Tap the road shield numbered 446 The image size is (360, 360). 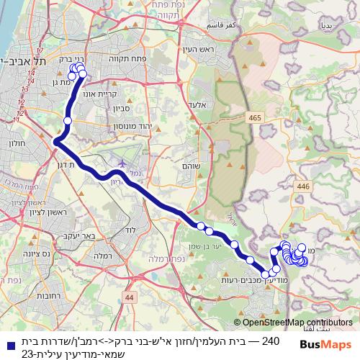pyautogui.click(x=302, y=186)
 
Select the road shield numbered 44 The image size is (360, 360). pyautogui.click(x=129, y=296)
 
